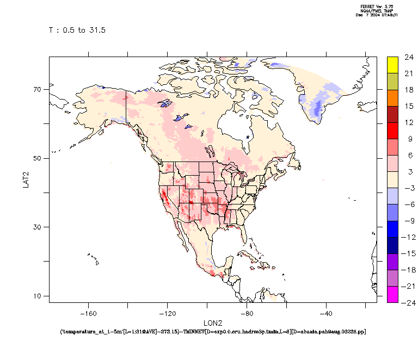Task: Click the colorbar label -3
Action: (409, 188)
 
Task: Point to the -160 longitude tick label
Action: (88, 313)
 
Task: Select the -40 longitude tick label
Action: (326, 313)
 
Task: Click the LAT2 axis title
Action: (26, 179)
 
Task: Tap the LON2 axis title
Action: (212, 323)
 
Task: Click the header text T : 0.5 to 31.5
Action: (77, 30)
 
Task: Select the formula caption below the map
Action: (212, 331)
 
